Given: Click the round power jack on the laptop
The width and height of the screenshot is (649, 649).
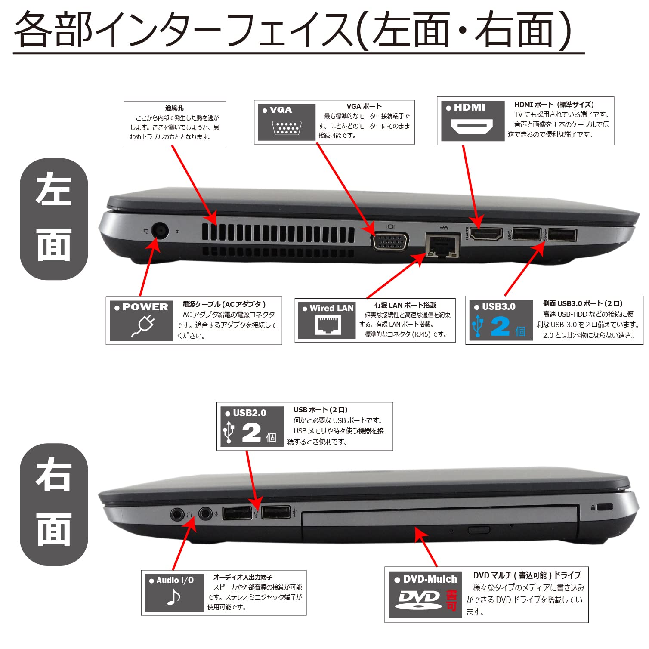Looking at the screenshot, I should tap(160, 231).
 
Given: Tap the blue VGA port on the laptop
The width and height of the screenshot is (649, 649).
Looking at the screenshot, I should tap(390, 241).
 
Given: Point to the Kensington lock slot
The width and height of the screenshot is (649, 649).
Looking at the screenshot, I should tap(606, 507).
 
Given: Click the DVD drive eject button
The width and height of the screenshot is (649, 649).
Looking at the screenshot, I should tap(479, 529).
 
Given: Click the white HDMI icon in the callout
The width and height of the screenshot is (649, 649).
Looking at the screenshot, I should tap(472, 127).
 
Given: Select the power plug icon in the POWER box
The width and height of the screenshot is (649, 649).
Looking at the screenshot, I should tap(143, 326).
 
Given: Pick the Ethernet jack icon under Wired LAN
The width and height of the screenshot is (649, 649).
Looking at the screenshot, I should tap(328, 325).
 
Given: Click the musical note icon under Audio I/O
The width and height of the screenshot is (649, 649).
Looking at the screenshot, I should tap(173, 597).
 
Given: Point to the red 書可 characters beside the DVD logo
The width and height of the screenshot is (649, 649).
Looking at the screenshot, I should tap(451, 600).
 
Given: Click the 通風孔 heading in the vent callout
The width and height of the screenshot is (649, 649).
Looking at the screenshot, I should tap(174, 108).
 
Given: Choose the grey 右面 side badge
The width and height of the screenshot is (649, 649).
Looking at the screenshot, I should tap(54, 504).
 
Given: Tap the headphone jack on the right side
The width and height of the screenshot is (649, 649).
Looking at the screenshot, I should tap(177, 514).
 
